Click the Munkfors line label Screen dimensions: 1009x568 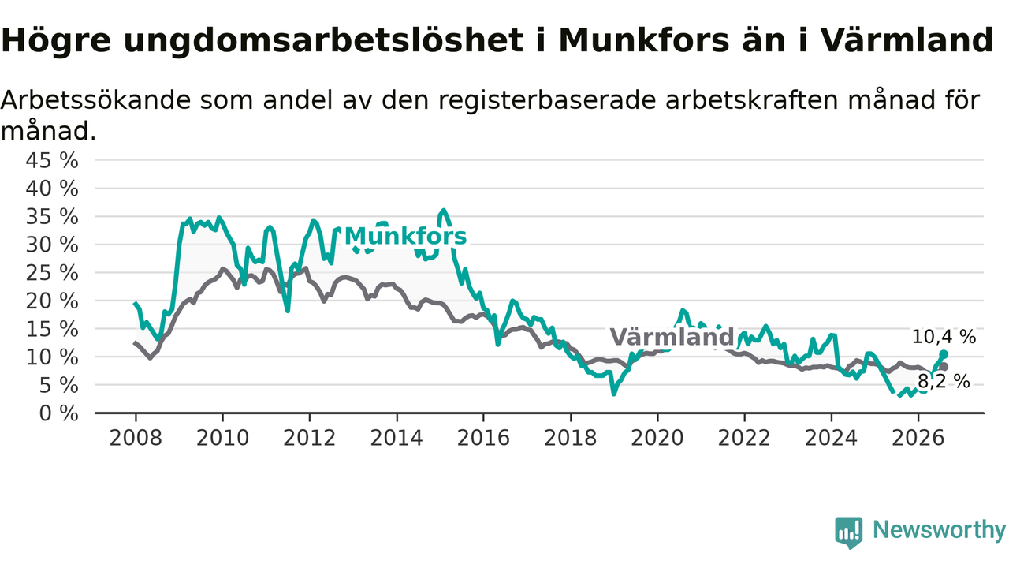pyautogui.click(x=405, y=236)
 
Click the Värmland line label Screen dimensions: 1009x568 pyautogui.click(x=672, y=337)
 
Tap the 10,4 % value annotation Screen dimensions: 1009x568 pyautogui.click(x=944, y=337)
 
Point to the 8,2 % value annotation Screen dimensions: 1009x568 pyautogui.click(x=944, y=382)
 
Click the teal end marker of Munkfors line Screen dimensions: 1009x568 pyautogui.click(x=944, y=354)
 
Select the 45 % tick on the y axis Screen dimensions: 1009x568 pyautogui.click(x=52, y=160)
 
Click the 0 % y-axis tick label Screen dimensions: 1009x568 pyautogui.click(x=58, y=413)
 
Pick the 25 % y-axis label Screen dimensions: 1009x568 pyautogui.click(x=52, y=273)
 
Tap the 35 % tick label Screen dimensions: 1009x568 pyautogui.click(x=52, y=217)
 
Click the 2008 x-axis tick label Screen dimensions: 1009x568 pyautogui.click(x=136, y=438)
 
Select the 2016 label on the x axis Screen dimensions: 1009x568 pyautogui.click(x=483, y=438)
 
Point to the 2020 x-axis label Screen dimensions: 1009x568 pyautogui.click(x=657, y=438)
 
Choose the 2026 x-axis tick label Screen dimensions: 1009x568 pyautogui.click(x=918, y=438)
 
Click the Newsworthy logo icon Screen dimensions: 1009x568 pyautogui.click(x=849, y=532)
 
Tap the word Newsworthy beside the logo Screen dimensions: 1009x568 pyautogui.click(x=940, y=530)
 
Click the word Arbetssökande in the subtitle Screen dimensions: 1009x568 pyautogui.click(x=96, y=99)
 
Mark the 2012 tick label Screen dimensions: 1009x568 pyautogui.click(x=310, y=438)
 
